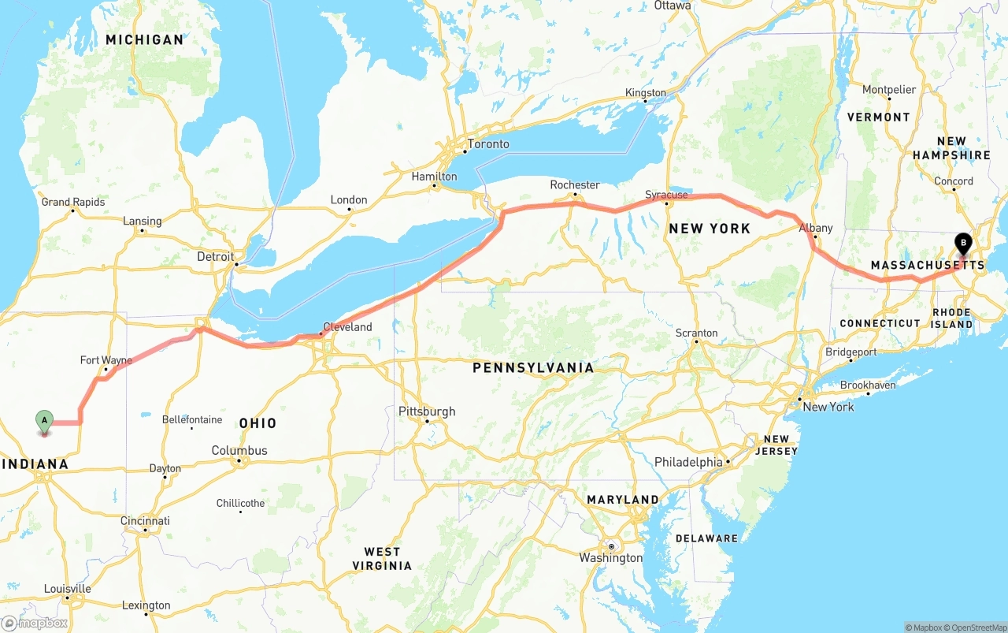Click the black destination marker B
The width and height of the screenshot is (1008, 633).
click(962, 243)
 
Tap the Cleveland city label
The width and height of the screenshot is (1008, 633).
click(347, 326)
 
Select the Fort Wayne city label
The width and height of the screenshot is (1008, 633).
click(106, 360)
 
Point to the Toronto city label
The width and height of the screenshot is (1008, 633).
click(488, 144)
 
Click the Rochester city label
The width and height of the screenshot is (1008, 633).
click(575, 184)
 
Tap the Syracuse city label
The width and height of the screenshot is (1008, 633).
click(666, 194)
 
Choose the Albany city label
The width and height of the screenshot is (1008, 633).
click(816, 228)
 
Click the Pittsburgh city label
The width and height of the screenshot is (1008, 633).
click(427, 411)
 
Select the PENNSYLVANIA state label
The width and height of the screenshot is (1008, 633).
click(533, 368)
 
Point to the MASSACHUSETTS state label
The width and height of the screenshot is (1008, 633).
click(928, 266)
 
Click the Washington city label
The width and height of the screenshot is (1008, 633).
click(611, 558)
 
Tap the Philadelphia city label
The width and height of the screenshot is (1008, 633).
click(688, 462)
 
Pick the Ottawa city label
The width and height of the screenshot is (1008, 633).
click(673, 6)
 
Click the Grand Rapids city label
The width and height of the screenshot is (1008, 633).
click(73, 202)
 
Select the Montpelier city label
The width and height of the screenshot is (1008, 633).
click(889, 90)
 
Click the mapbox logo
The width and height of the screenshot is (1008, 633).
click(35, 623)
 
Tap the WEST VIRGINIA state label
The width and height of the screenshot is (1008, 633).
click(382, 558)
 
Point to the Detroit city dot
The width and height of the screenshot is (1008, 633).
click(235, 264)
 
